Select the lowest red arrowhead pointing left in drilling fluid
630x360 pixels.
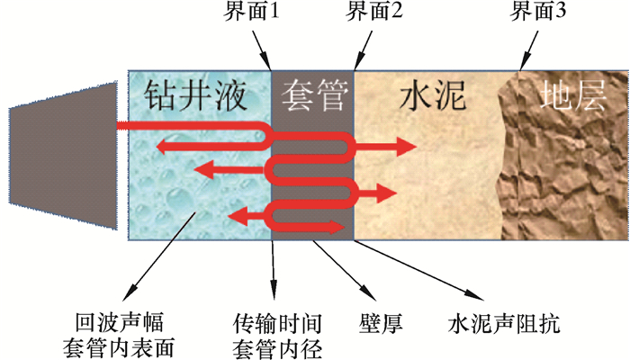238,215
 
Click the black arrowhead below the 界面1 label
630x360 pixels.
268,65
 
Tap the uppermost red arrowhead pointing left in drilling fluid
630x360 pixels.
158,145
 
